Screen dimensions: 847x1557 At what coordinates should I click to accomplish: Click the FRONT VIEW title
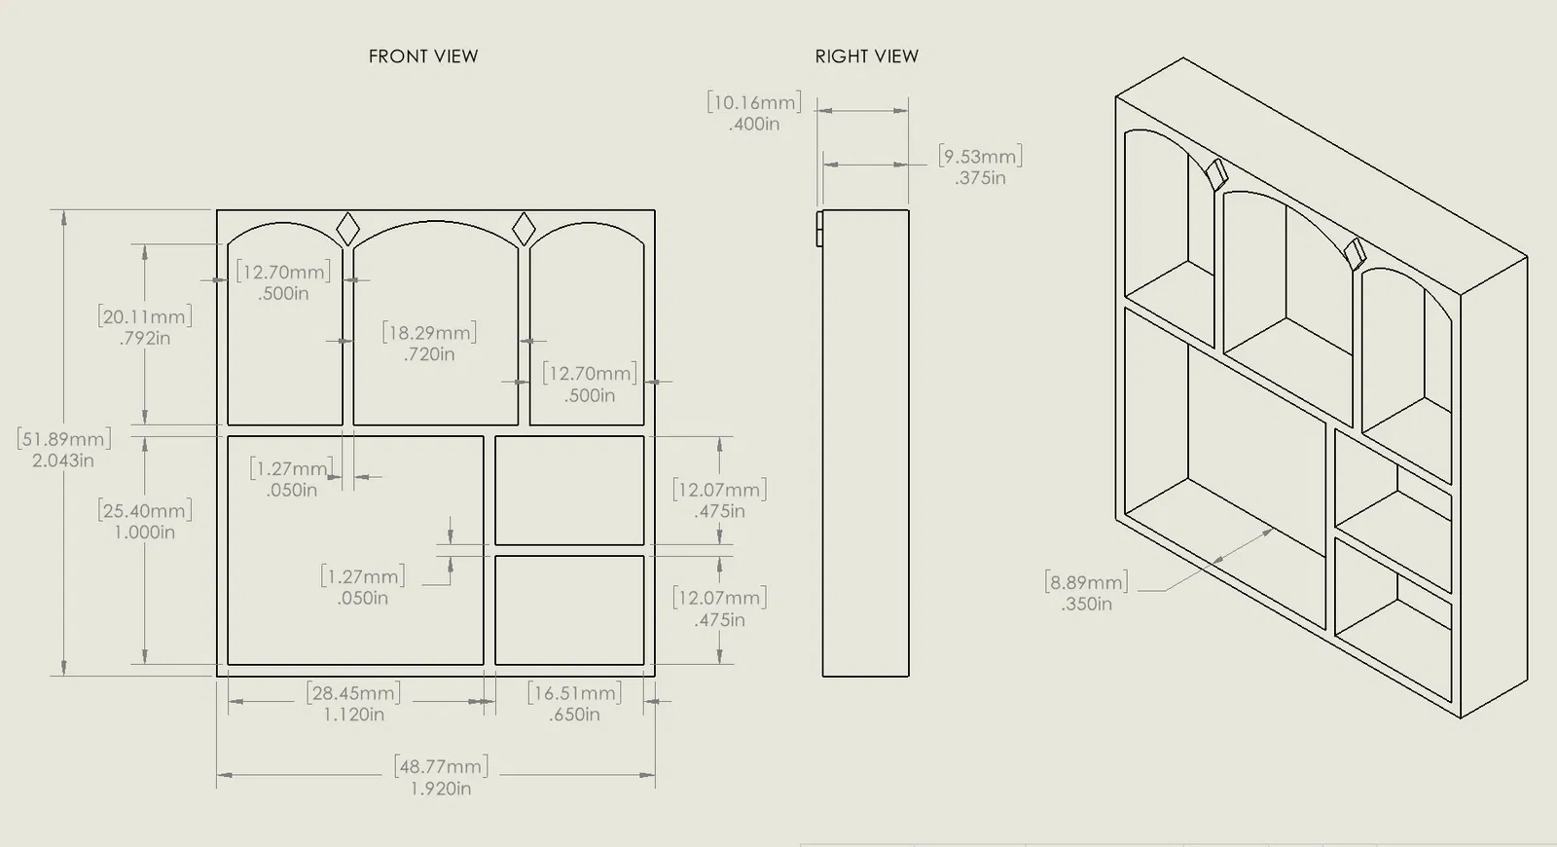(423, 56)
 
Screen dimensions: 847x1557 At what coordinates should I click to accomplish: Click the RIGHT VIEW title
(866, 56)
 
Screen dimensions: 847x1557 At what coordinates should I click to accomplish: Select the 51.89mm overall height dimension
(64, 439)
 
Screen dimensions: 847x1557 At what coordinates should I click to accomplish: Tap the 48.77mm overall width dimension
(442, 767)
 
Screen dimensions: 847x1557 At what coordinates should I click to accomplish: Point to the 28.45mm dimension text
(354, 693)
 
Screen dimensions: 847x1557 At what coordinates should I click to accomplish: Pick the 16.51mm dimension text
(574, 693)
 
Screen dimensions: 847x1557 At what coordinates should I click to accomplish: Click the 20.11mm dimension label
(145, 316)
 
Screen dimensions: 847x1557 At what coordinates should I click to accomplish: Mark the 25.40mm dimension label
(145, 510)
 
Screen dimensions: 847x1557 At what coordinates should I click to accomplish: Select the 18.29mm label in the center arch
(429, 333)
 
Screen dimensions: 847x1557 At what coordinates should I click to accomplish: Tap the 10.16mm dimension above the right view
(754, 102)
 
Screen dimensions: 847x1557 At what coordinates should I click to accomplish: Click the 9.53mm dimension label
(980, 156)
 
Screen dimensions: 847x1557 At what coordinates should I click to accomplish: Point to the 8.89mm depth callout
(1086, 582)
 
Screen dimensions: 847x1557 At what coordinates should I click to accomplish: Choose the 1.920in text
(441, 789)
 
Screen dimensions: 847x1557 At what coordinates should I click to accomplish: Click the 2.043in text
(63, 460)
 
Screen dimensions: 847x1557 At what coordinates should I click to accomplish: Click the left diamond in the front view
(347, 230)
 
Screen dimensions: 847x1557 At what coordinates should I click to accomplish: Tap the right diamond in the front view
(524, 230)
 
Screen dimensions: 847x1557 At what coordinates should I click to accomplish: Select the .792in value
(145, 339)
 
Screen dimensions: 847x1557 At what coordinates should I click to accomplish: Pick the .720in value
(429, 354)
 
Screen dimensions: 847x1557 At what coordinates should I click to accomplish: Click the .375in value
(980, 178)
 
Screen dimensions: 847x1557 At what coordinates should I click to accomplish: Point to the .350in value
(1087, 604)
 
